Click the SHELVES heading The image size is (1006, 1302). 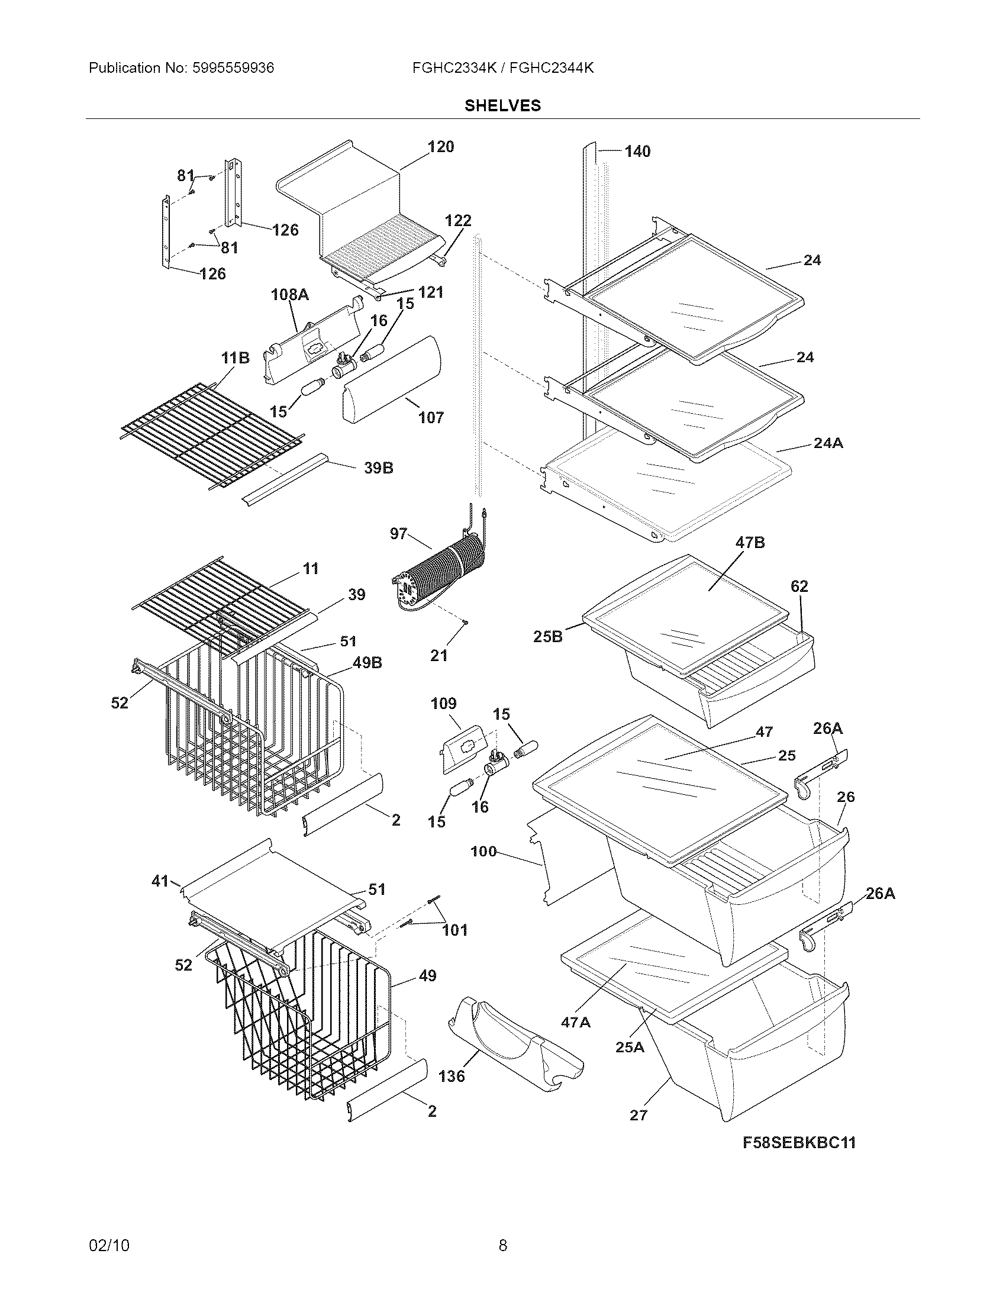click(502, 105)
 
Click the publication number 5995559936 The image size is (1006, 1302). click(233, 68)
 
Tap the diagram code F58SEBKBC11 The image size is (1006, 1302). click(799, 1143)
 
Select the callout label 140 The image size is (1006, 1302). click(637, 152)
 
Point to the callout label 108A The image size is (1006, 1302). click(289, 295)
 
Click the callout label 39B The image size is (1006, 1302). click(379, 468)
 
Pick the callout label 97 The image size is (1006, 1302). click(398, 534)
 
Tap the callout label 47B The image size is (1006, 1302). click(750, 543)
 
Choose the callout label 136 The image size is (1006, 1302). click(451, 1076)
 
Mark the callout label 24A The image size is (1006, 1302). click(828, 443)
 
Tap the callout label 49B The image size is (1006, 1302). click(367, 663)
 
